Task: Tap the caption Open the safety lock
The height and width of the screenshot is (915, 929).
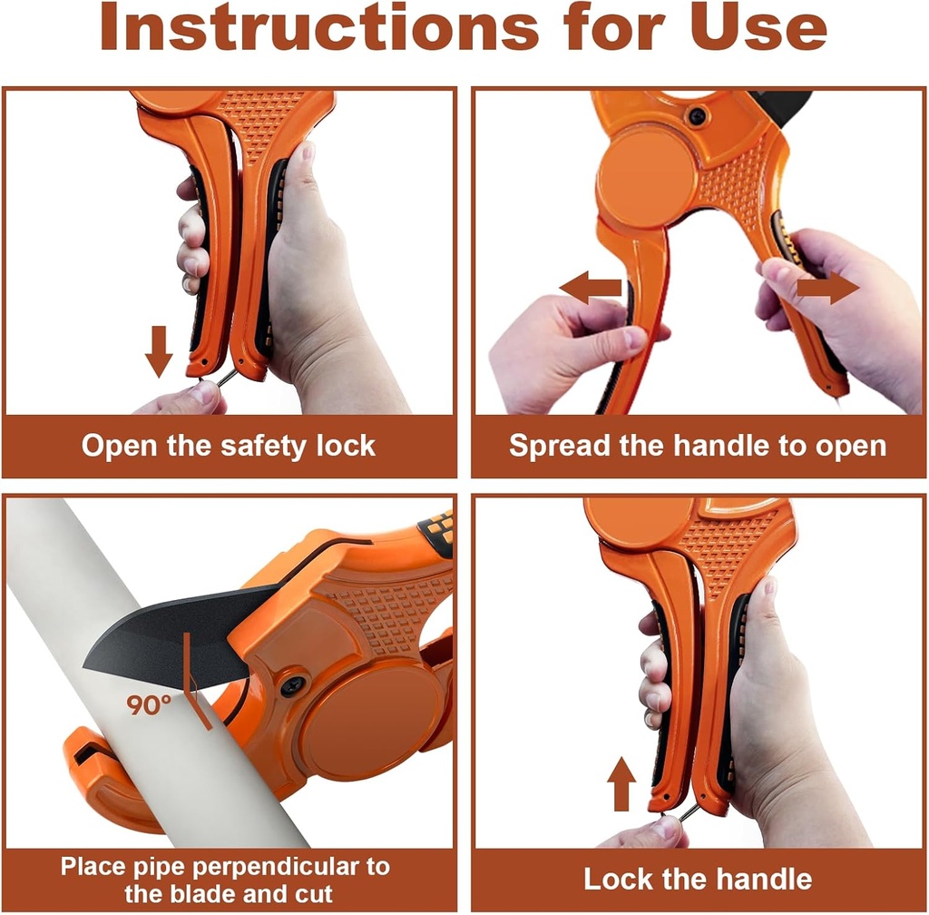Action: (228, 446)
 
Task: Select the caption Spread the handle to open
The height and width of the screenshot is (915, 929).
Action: (697, 446)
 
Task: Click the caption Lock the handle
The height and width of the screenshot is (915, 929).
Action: (697, 879)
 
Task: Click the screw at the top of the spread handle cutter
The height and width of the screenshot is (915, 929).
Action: (697, 116)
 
